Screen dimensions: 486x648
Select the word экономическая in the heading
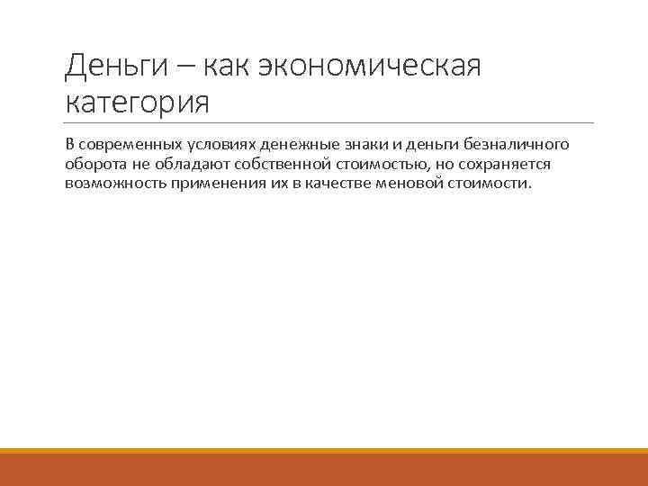(372, 66)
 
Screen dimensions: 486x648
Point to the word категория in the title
(137, 102)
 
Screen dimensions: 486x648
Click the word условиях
(220, 145)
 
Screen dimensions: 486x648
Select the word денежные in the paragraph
(293, 145)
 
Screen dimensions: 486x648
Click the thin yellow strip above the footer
(324, 451)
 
